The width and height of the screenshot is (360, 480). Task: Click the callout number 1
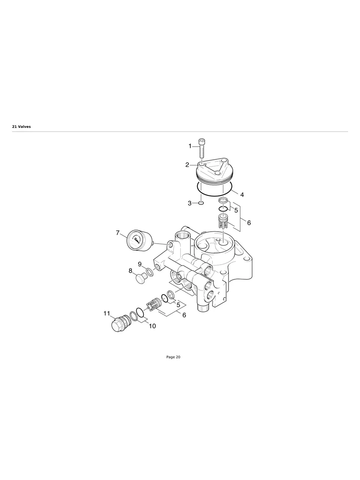pyautogui.click(x=190, y=146)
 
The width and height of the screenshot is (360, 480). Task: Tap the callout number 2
pyautogui.click(x=187, y=165)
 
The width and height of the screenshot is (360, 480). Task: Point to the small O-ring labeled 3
pyautogui.click(x=201, y=203)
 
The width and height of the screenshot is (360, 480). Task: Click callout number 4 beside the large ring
pyautogui.click(x=242, y=195)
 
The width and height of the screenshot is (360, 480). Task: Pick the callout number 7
pyautogui.click(x=118, y=233)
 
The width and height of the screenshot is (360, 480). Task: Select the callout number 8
pyautogui.click(x=130, y=271)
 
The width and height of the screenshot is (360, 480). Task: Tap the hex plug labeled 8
pyautogui.click(x=141, y=279)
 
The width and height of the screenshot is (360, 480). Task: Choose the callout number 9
pyautogui.click(x=139, y=264)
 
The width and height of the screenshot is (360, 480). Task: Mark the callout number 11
pyautogui.click(x=107, y=314)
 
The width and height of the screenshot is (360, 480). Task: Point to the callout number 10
pyautogui.click(x=152, y=326)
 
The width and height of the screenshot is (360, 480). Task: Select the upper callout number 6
pyautogui.click(x=249, y=223)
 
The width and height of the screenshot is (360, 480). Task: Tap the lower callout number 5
pyautogui.click(x=178, y=305)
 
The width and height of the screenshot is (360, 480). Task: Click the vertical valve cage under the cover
pyautogui.click(x=223, y=221)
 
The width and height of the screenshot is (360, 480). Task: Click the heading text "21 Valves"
pyautogui.click(x=21, y=127)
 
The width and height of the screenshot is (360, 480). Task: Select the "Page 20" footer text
pyautogui.click(x=173, y=357)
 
